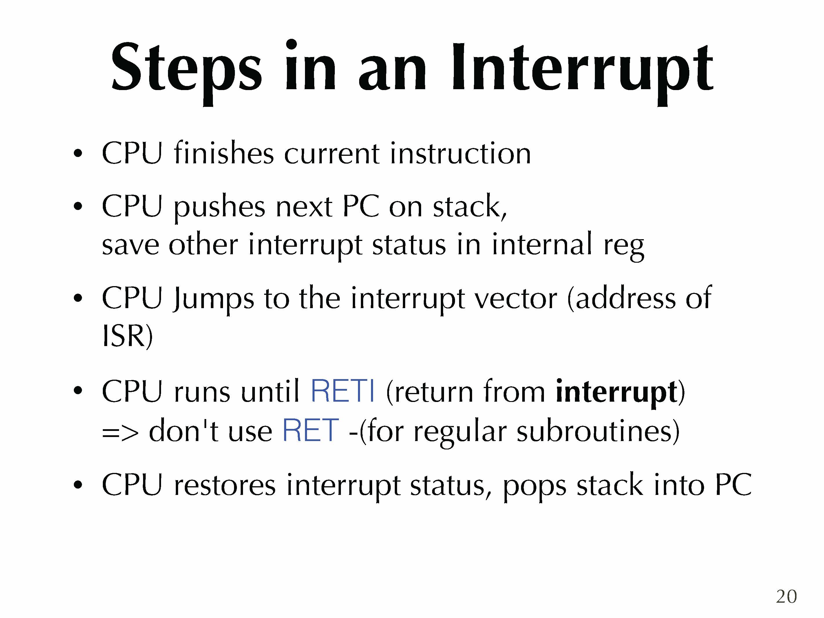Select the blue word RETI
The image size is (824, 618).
342,392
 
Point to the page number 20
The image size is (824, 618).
786,596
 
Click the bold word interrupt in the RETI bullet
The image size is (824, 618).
616,393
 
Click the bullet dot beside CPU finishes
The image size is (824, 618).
78,153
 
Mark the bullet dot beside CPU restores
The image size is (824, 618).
78,485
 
